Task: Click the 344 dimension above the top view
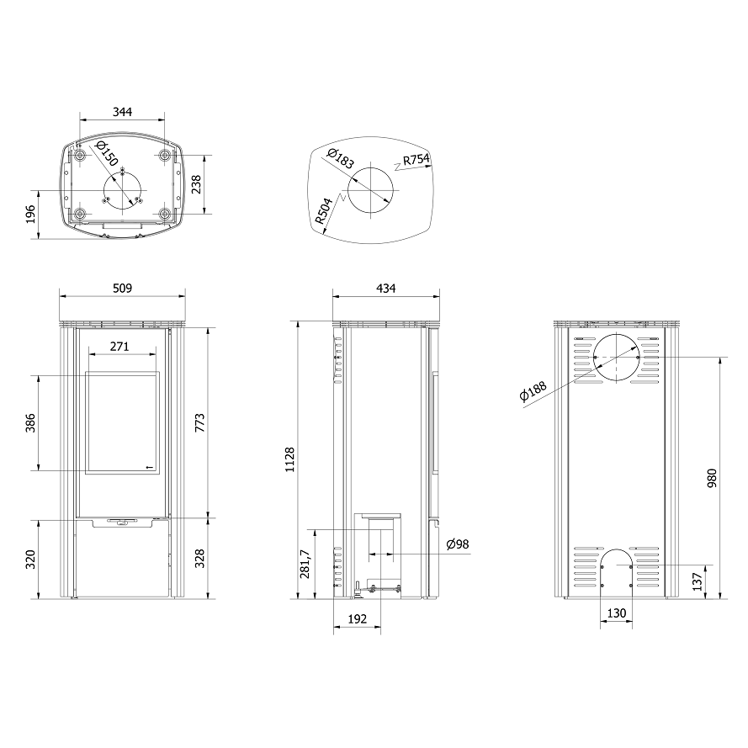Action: (x=122, y=112)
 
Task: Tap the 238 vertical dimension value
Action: (x=196, y=184)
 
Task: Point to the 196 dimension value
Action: (x=30, y=215)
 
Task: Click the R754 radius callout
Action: (x=416, y=159)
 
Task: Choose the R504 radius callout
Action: (x=325, y=211)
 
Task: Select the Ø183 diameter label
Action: (x=341, y=158)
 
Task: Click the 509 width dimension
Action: (x=122, y=288)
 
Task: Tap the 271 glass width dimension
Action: (x=119, y=347)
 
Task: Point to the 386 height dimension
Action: (x=30, y=423)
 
